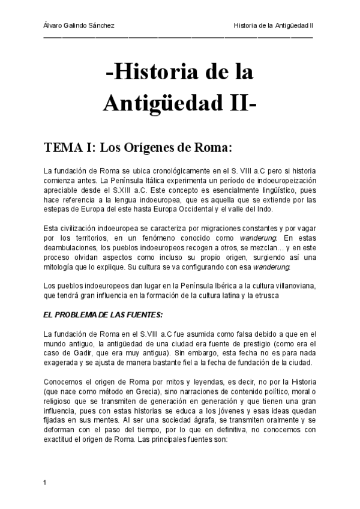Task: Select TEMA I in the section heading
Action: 67,147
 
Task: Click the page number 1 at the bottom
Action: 46,482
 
